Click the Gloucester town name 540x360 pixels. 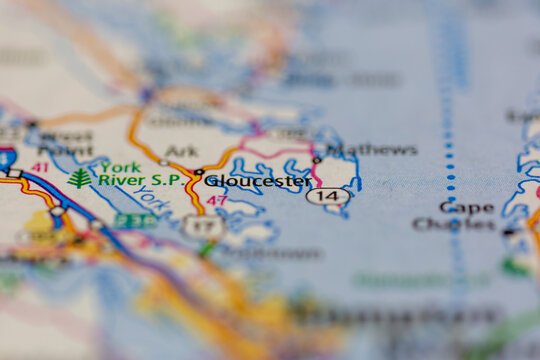tap(258, 181)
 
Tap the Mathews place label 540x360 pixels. tap(371, 150)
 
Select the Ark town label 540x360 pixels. tap(181, 151)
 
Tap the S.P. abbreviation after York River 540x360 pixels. tap(165, 180)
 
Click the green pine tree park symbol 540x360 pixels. tap(80, 178)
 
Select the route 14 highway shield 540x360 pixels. tap(328, 197)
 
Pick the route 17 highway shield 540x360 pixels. tap(202, 225)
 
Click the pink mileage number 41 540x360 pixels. tap(39, 167)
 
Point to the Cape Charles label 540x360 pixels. tap(454, 216)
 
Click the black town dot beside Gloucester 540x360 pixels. tap(198, 172)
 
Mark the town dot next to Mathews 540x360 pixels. tap(317, 159)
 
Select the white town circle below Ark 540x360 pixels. tap(163, 162)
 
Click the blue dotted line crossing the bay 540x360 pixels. tap(449, 150)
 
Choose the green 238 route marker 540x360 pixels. tap(134, 220)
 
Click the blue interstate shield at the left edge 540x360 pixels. tap(6, 157)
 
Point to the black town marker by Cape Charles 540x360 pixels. tap(508, 232)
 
